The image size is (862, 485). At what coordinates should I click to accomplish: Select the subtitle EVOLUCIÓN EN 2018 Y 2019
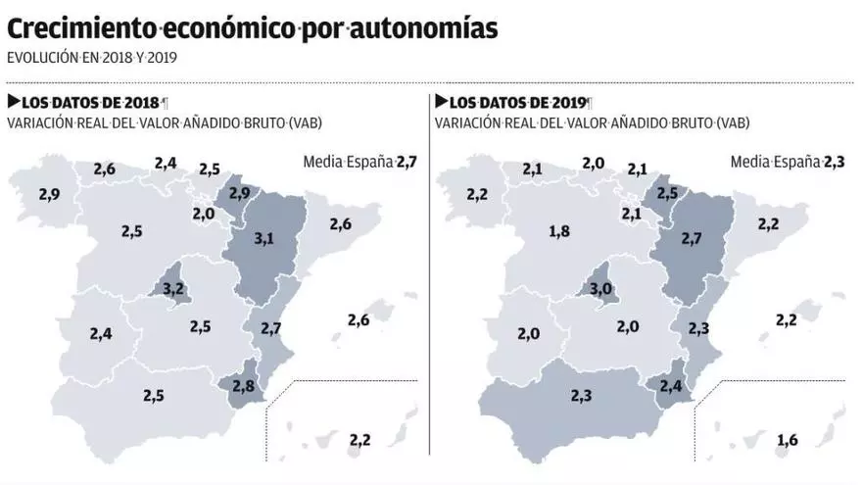click(x=92, y=57)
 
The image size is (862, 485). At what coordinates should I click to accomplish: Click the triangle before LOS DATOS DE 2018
click(x=13, y=101)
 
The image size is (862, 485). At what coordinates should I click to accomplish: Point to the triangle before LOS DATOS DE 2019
click(x=442, y=101)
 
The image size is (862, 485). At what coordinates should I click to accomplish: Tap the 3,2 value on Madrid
click(x=172, y=288)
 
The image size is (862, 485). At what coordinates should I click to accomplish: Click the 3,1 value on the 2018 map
click(x=263, y=237)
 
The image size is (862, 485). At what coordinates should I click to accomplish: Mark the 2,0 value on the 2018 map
click(x=203, y=214)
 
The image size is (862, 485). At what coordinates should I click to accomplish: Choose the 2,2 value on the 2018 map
click(x=359, y=439)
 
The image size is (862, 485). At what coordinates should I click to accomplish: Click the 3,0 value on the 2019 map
click(x=600, y=288)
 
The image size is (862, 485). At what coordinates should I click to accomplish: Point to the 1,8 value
click(x=559, y=231)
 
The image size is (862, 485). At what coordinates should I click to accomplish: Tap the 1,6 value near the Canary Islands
click(x=786, y=440)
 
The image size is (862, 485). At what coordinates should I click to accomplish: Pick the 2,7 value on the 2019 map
click(x=693, y=237)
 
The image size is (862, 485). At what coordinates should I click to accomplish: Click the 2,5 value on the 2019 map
click(x=667, y=192)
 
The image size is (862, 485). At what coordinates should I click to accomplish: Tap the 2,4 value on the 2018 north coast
click(x=165, y=163)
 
